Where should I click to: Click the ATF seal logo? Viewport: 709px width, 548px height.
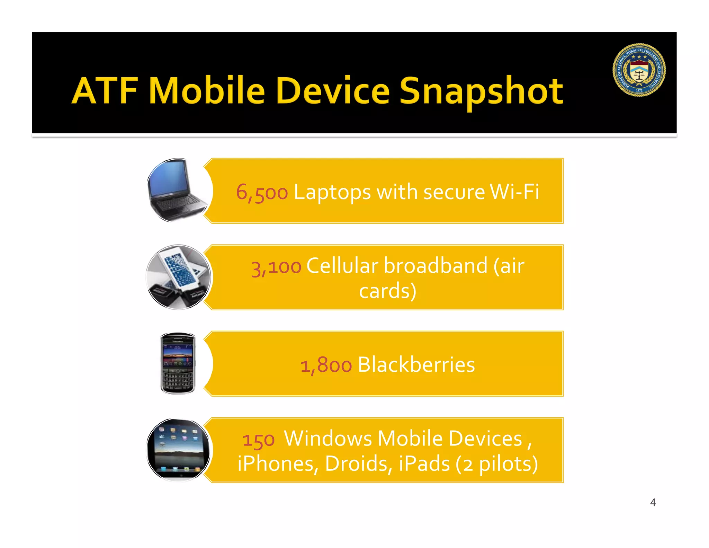[639, 70]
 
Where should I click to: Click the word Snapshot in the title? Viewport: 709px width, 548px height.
[481, 91]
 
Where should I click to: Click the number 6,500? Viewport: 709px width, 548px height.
[262, 192]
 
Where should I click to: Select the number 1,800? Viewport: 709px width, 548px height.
[326, 365]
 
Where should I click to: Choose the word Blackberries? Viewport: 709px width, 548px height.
[416, 364]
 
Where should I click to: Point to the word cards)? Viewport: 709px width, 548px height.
[387, 291]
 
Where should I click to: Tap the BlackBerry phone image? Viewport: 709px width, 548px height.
[178, 364]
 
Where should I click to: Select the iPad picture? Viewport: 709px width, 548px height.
[178, 450]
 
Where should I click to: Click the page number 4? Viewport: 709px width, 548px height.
[653, 502]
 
